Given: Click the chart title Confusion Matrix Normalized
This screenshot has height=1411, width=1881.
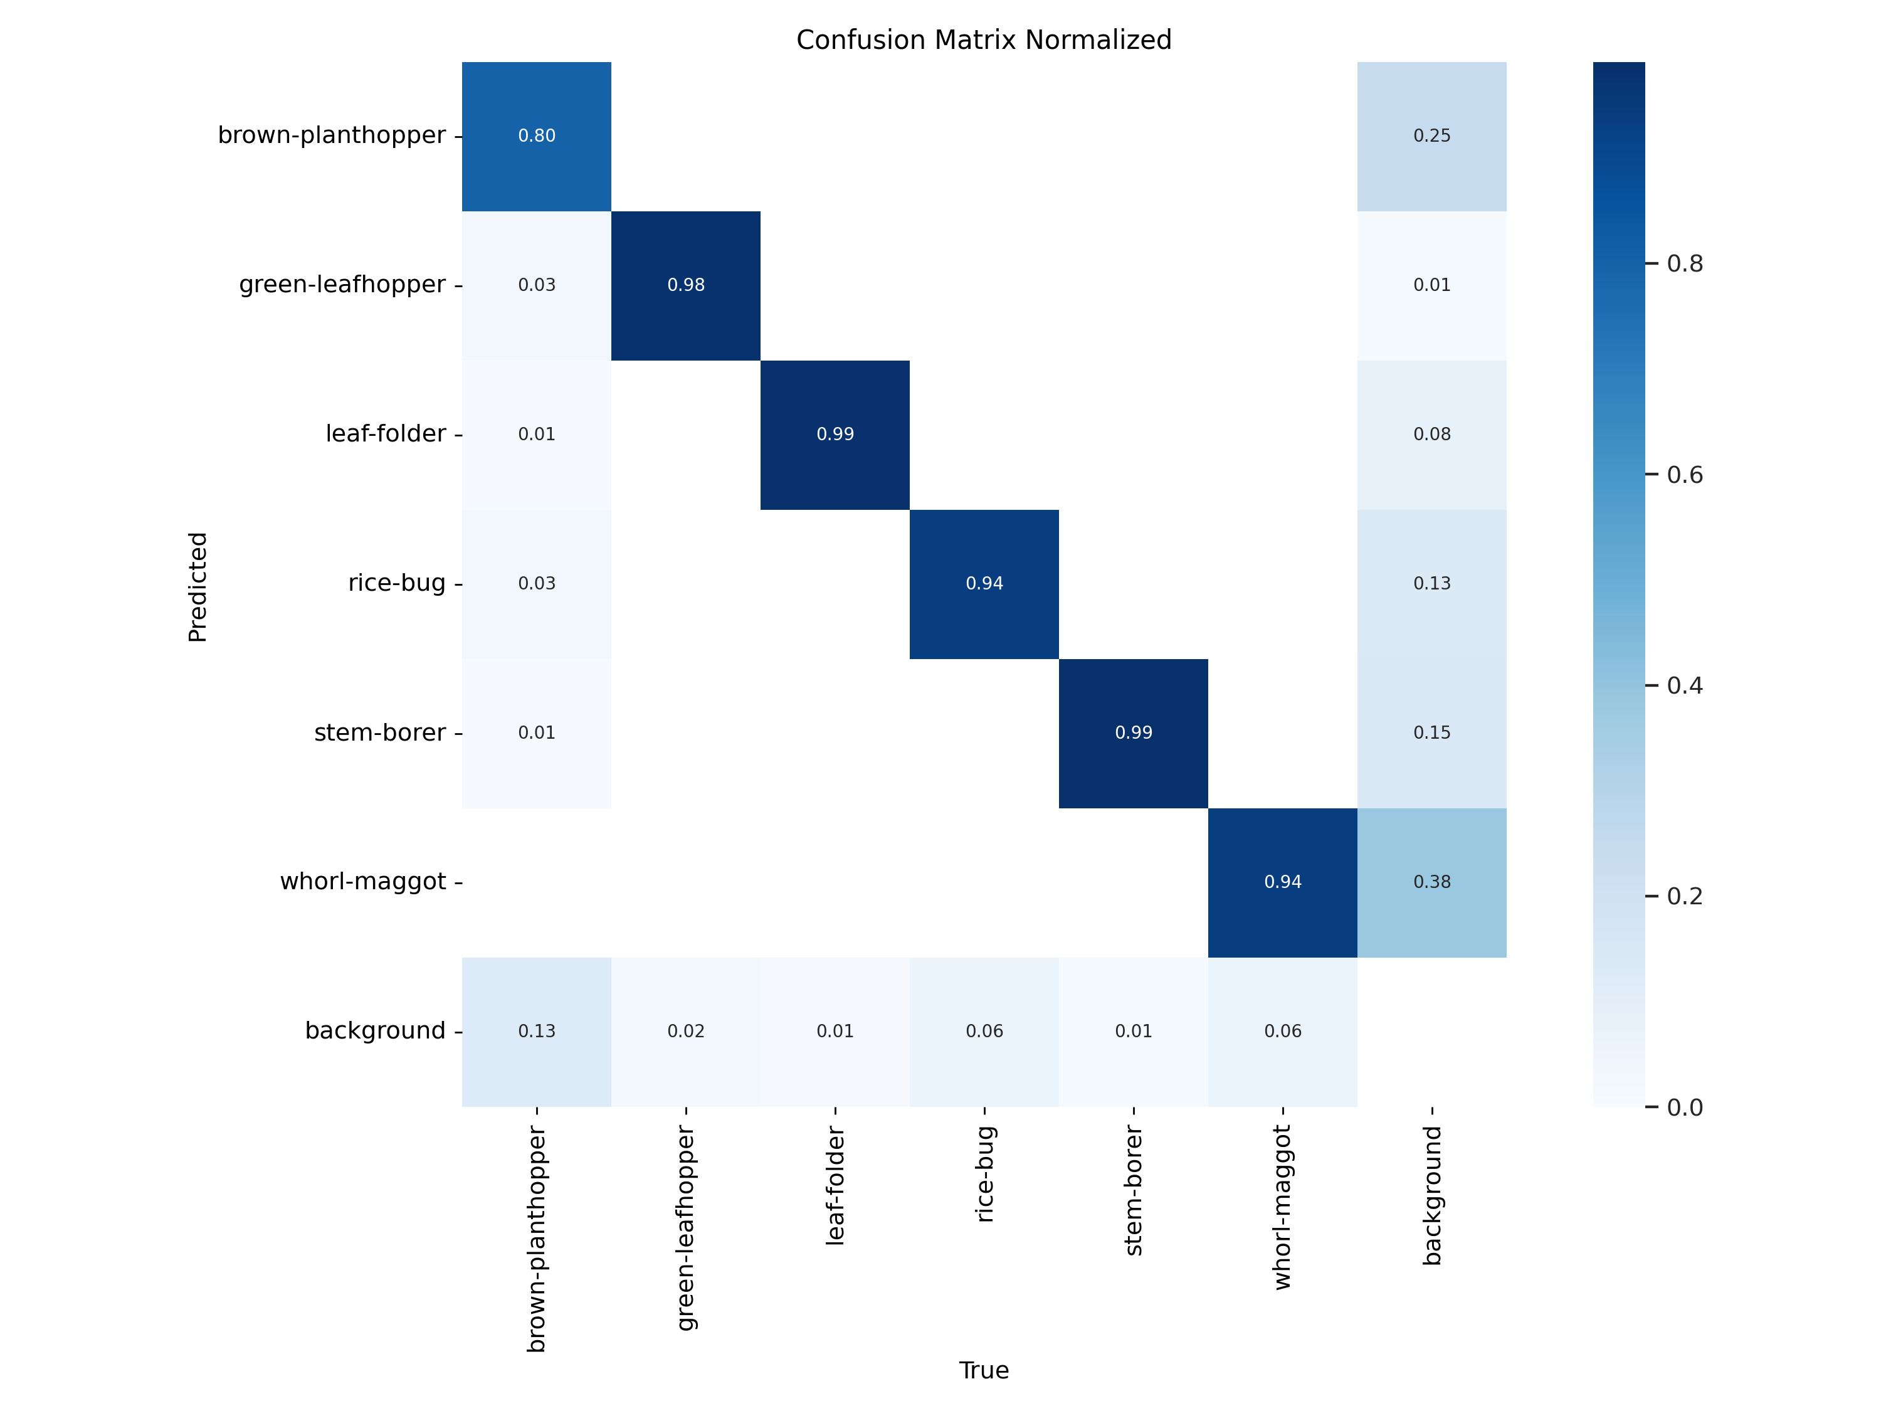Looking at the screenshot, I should [983, 40].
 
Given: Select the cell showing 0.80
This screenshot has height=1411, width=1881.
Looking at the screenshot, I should [537, 136].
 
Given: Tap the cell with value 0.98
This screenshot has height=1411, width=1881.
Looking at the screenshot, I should [685, 285].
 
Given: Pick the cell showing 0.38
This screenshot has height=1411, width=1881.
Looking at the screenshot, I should [1431, 882].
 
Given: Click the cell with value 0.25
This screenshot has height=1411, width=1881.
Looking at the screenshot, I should [1431, 136].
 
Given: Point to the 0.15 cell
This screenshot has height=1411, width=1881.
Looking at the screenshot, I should [1431, 732].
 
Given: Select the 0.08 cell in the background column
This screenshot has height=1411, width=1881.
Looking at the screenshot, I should [1431, 434].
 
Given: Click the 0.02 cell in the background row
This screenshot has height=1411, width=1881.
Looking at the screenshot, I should [685, 1031].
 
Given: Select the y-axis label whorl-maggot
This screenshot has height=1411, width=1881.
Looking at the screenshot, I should [363, 881].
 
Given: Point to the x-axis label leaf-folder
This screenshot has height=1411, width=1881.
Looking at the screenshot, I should [835, 1186].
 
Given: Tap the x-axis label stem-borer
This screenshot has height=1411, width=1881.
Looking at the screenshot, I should [1134, 1192].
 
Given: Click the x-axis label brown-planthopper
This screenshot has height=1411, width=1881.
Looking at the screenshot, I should [537, 1239].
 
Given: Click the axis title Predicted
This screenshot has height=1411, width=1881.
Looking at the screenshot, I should [198, 587].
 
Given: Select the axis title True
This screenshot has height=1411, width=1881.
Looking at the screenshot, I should [984, 1370].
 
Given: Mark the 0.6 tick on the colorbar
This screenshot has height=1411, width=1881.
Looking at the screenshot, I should [1683, 475].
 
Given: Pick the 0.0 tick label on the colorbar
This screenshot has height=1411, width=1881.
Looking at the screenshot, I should [1683, 1107].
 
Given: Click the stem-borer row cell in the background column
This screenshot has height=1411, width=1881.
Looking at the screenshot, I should [1431, 732].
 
